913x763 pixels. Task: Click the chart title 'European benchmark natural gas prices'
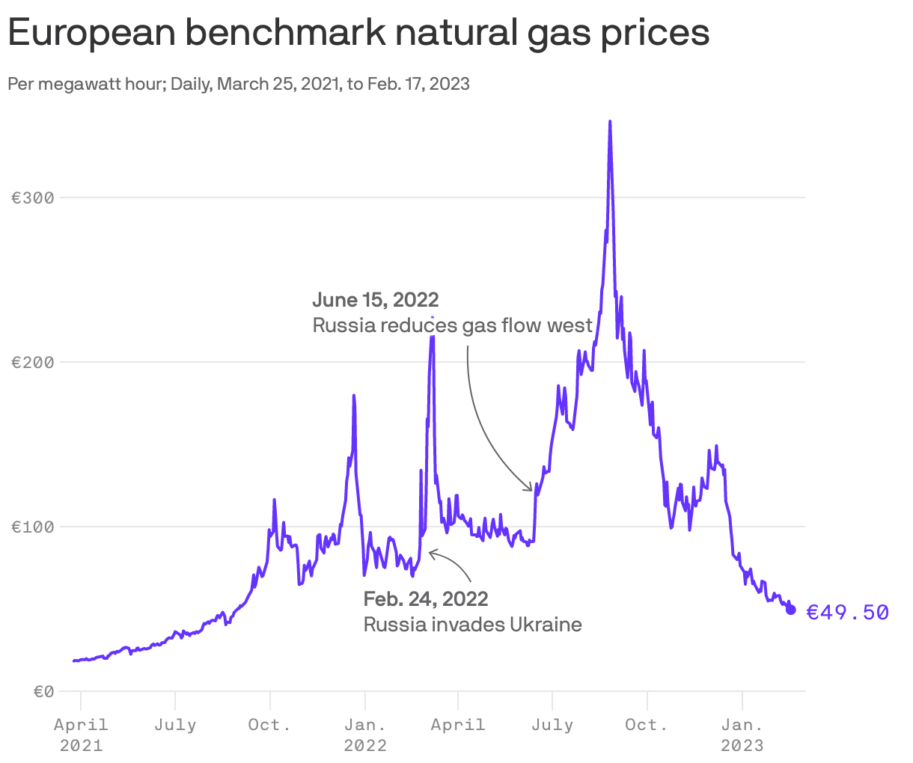coord(358,34)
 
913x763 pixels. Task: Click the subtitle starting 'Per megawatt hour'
coord(239,84)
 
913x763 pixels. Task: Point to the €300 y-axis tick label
coord(33,198)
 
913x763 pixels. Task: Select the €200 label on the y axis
coord(33,363)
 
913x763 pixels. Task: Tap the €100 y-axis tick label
coord(33,527)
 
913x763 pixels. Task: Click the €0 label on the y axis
coord(43,692)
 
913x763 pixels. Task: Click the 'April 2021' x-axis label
coord(81,735)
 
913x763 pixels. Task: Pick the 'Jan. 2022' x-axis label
coord(365,735)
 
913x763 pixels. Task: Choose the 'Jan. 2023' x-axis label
coord(742,735)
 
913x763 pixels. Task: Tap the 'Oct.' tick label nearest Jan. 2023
coord(647,725)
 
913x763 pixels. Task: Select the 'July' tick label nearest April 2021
coord(175,725)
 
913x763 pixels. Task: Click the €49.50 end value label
coord(847,613)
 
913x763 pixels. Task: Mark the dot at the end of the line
coord(791,610)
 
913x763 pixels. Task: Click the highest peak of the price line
coord(610,121)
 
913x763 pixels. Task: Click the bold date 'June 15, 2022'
coord(376,300)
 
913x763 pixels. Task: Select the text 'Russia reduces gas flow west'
coord(452,326)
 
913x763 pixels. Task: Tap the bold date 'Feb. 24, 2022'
coord(426,599)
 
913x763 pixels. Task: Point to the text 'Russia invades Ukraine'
coord(472,625)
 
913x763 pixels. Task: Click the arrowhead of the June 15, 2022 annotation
coord(530,489)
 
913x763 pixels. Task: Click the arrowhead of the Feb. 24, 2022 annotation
coord(431,554)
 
